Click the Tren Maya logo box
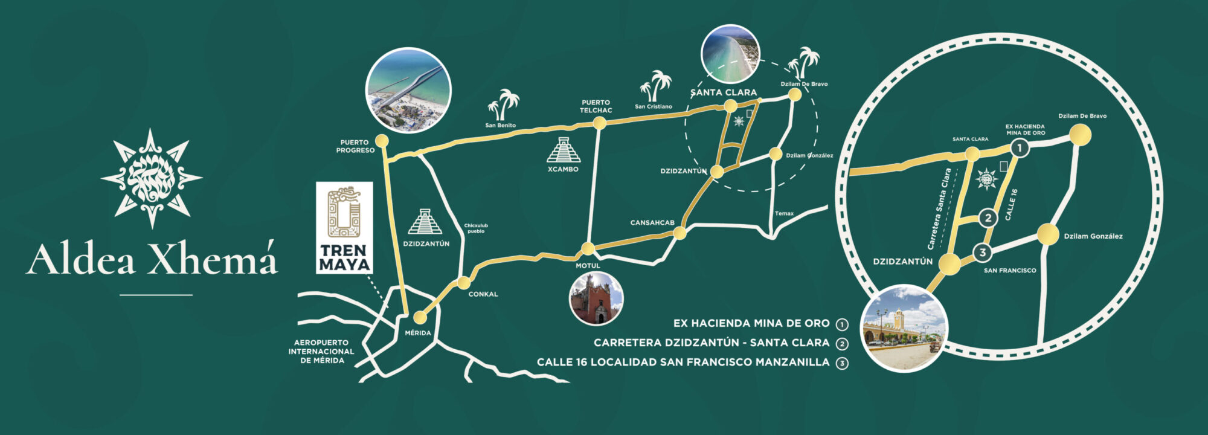point(344,228)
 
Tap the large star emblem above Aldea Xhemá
point(152,178)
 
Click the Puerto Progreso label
point(356,147)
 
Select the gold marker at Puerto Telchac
point(599,123)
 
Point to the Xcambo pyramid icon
point(564,150)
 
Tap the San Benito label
point(501,126)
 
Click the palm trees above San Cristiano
point(655,87)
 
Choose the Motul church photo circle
point(596,298)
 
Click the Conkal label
point(483,294)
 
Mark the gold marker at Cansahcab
point(680,233)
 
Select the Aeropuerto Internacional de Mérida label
point(321,352)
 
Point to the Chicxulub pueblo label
point(476,228)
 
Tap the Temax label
point(784,214)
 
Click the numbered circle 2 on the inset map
point(988,218)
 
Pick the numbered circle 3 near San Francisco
point(983,253)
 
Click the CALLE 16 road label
point(1012,204)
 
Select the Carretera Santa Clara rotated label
point(939,209)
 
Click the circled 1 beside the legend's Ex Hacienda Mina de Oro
point(842,325)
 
